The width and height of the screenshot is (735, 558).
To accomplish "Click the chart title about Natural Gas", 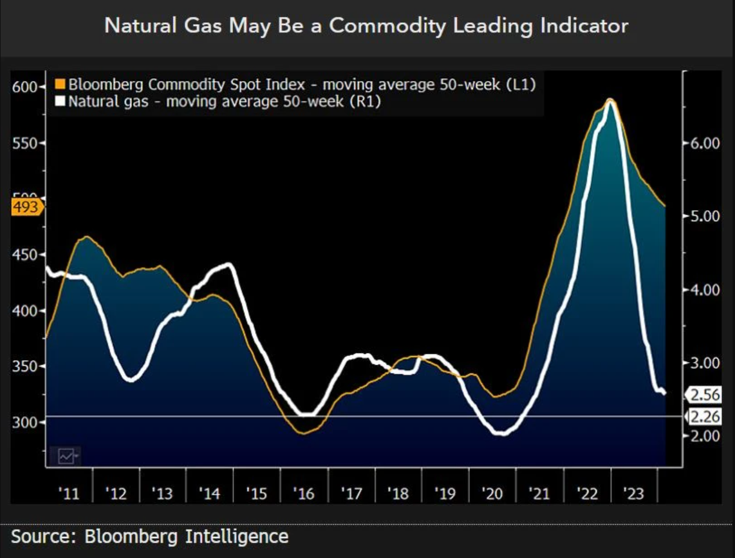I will click(366, 25).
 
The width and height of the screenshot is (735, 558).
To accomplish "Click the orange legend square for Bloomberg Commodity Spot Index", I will click(60, 84).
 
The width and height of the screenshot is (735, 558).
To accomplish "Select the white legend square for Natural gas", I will click(60, 101).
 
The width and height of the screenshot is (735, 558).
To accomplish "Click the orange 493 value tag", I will click(25, 207).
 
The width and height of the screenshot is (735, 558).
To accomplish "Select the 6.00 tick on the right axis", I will click(704, 143).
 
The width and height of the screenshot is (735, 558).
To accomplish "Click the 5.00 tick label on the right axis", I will click(704, 216).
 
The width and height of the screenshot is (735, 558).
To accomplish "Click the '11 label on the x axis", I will click(69, 494).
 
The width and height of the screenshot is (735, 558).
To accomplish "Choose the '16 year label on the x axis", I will click(304, 494).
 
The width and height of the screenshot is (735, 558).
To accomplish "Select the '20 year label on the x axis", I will click(492, 494).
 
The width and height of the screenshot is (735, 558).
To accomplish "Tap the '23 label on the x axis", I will click(634, 494).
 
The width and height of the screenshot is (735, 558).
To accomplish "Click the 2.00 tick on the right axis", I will click(704, 436).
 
